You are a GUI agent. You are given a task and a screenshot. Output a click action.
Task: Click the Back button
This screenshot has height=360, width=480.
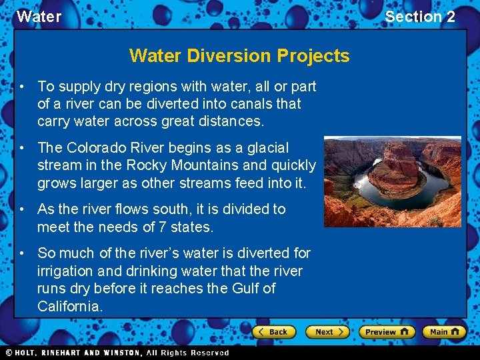coord(273,331)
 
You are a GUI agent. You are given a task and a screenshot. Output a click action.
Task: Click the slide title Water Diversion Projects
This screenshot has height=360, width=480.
coord(239,55)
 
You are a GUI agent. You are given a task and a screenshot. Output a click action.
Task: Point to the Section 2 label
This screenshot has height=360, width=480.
coord(420,17)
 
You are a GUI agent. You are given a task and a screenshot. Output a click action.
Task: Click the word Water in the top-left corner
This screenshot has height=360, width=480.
coord(39,17)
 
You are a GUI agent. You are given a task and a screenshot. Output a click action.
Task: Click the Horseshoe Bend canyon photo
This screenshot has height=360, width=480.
coord(392,181)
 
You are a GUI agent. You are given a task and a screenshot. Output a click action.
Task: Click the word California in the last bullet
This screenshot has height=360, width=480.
coord(70,307)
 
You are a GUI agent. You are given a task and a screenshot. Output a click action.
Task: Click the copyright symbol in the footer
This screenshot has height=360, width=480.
coord(9,353)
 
